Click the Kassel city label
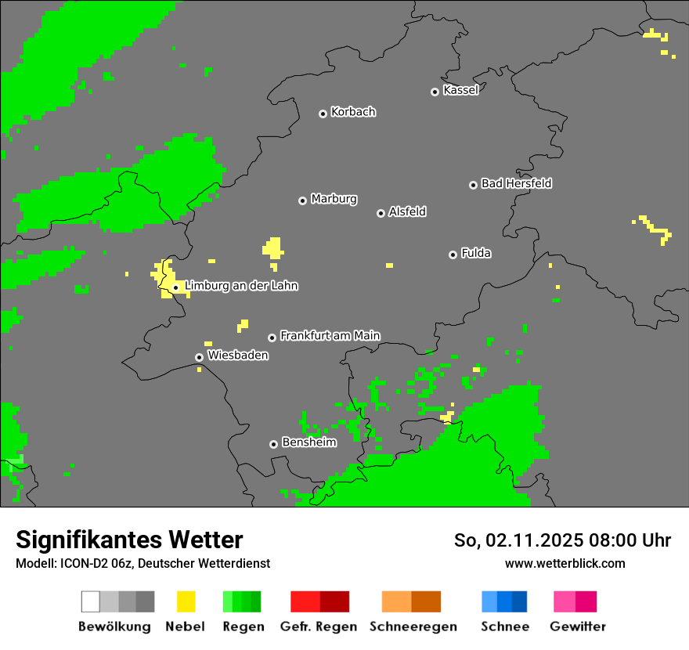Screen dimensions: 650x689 (460, 90)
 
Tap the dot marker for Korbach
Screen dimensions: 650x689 (323, 114)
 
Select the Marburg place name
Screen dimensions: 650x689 (334, 199)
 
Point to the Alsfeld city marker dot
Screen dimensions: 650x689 (381, 213)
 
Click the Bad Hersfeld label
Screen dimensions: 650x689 (516, 183)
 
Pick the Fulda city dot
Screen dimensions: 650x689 (453, 255)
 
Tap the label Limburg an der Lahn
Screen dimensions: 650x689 (241, 286)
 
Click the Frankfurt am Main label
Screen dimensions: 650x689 (330, 336)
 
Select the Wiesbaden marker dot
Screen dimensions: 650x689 (199, 357)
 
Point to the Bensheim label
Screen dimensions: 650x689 (308, 442)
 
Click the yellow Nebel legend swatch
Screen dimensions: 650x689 (186, 601)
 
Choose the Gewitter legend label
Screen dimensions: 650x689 (577, 627)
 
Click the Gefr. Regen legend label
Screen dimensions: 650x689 (318, 627)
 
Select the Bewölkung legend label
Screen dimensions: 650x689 (114, 627)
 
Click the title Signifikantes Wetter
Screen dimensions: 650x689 (129, 540)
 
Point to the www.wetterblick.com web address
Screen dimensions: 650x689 (565, 563)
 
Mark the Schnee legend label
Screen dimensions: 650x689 (504, 627)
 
